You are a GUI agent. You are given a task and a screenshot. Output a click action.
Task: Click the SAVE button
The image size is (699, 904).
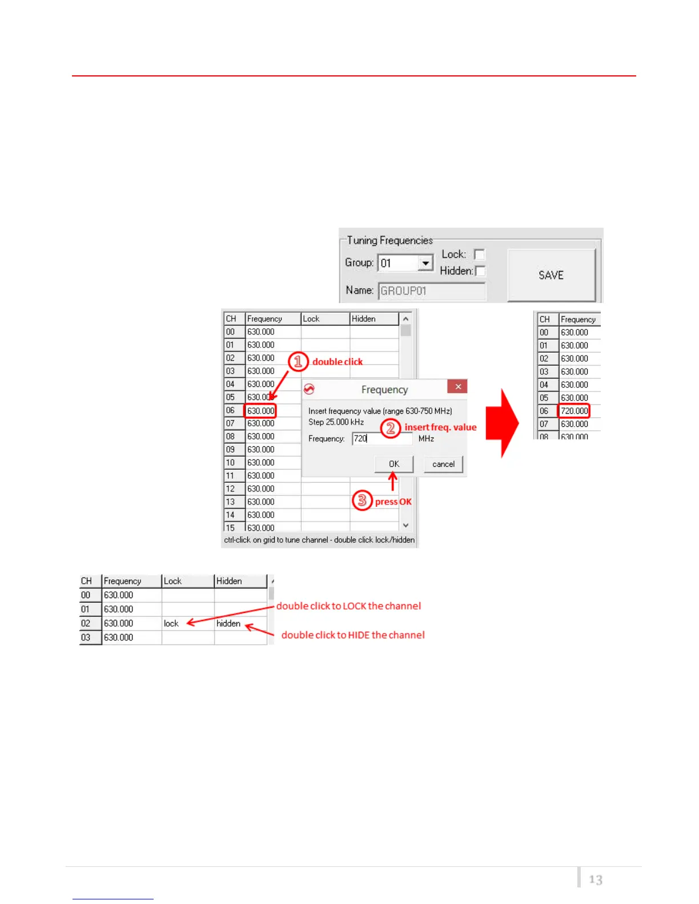[551, 275]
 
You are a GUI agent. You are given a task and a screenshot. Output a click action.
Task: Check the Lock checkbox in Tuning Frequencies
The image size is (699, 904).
[480, 255]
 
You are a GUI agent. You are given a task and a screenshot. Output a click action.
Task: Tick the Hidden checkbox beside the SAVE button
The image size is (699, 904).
[480, 271]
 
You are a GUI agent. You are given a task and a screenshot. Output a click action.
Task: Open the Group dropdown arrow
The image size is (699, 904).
[425, 263]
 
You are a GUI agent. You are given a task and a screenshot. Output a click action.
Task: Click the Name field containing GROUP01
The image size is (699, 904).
[431, 290]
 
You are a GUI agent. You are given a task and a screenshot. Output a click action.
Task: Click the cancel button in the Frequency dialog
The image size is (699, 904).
[443, 464]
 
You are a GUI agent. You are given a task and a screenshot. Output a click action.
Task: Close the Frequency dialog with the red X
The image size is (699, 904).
[458, 387]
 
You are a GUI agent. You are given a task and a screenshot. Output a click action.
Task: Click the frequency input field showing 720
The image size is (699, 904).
[381, 438]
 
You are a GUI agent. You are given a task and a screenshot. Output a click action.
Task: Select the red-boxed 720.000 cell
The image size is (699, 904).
[573, 411]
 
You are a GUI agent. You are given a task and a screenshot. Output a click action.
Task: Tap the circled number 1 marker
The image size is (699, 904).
[298, 361]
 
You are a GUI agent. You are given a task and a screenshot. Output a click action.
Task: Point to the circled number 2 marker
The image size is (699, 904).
[391, 427]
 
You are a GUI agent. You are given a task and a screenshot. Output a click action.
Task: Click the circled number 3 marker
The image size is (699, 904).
[362, 501]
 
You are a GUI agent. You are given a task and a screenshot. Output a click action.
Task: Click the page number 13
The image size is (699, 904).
[596, 879]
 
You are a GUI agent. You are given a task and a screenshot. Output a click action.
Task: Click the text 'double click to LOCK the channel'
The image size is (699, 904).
[348, 606]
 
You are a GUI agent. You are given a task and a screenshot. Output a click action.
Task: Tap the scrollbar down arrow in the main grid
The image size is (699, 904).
[406, 525]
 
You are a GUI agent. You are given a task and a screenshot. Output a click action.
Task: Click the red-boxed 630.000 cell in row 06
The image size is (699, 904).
[260, 411]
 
